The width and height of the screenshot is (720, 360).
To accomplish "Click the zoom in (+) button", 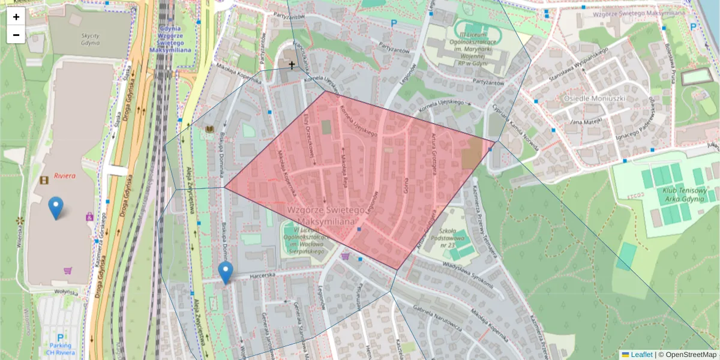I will click(16, 17).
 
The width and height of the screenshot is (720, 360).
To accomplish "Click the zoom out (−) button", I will click(16, 35).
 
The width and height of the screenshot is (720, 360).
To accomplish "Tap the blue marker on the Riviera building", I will click(56, 208).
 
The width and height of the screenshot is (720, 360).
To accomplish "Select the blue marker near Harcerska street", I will click(226, 272).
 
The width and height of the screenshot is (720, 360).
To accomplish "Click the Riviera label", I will click(64, 176).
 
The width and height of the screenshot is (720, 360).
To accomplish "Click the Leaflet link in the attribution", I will click(641, 355).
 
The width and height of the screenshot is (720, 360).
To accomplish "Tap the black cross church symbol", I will click(292, 64).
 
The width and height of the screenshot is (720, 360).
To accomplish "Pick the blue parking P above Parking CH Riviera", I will click(60, 338).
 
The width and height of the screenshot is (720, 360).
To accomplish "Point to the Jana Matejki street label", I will click(585, 122).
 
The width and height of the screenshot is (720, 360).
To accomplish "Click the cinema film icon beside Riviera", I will click(44, 179).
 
